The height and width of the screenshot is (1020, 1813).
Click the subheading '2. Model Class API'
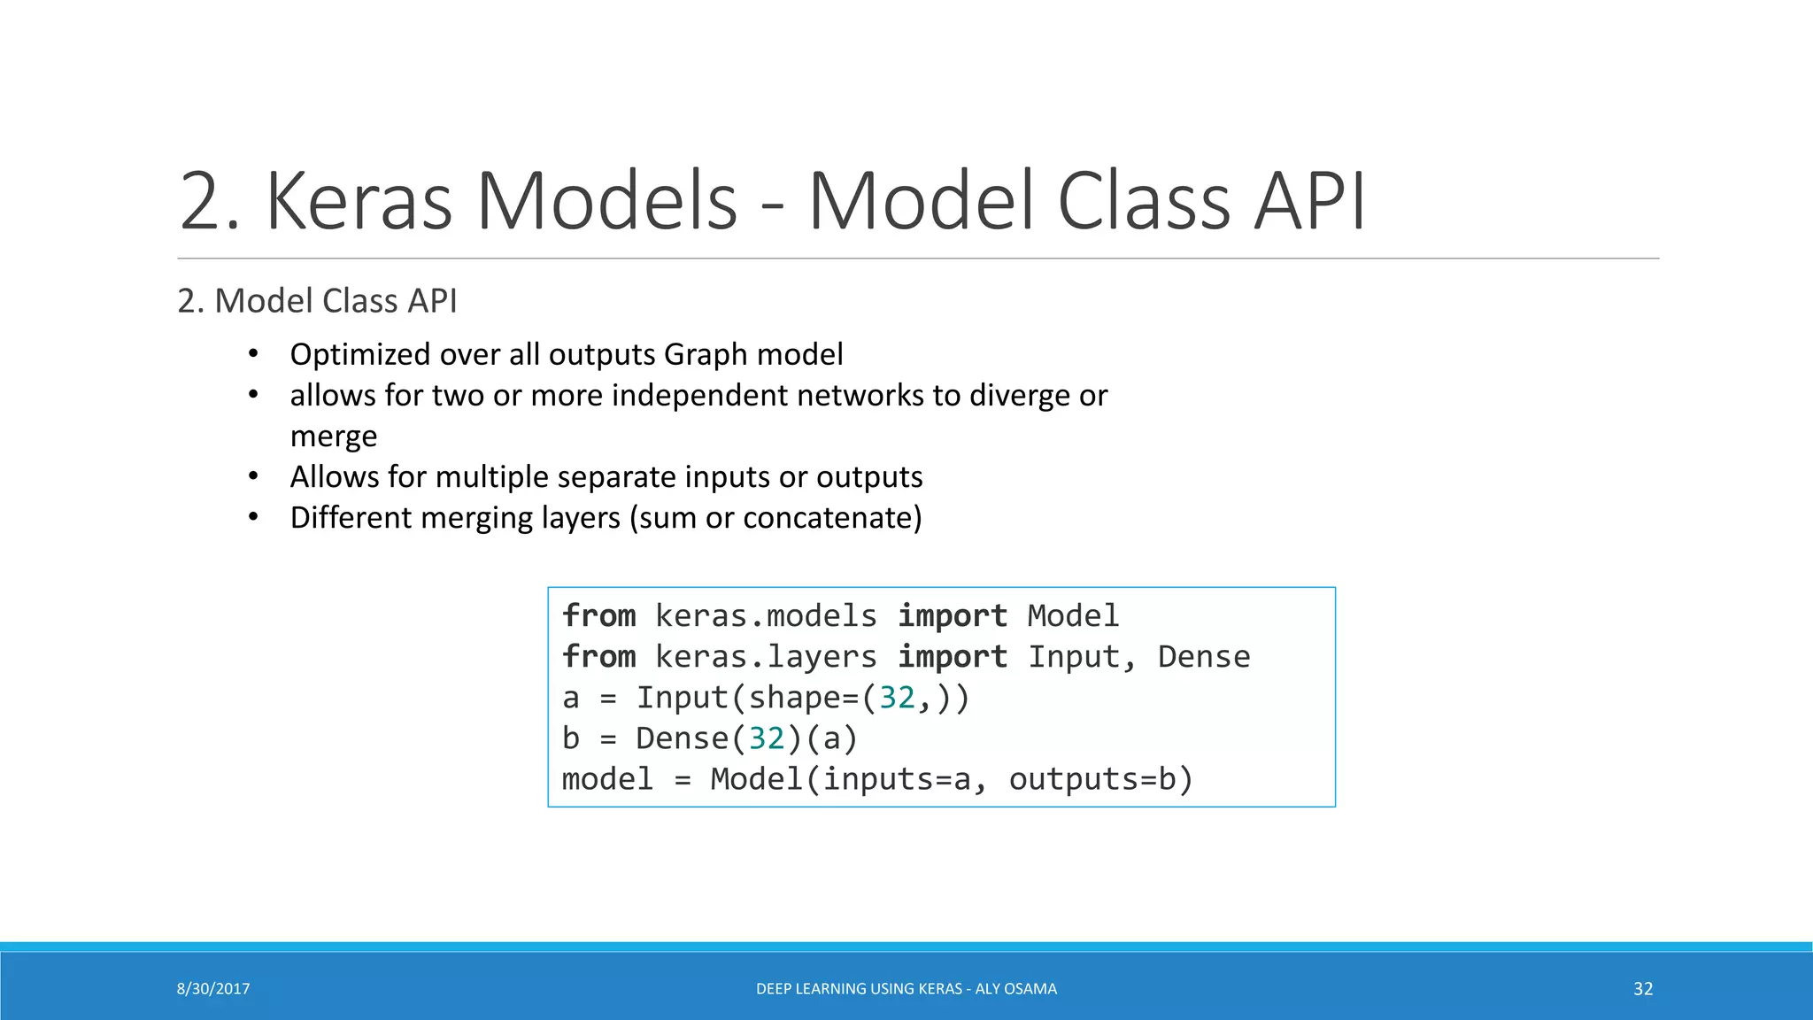point(317,301)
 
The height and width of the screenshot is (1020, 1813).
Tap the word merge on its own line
point(334,437)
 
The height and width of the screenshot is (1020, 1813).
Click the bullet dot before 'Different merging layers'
point(253,517)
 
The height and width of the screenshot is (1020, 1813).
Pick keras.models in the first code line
point(766,615)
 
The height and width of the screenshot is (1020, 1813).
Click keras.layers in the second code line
point(766,656)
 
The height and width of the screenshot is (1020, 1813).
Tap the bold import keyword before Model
point(953,615)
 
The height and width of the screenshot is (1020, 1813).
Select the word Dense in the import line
point(1203,656)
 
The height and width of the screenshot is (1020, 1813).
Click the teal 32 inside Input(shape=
point(897,698)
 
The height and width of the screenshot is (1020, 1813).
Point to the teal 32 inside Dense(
point(767,738)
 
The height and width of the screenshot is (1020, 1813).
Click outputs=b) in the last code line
point(1101,779)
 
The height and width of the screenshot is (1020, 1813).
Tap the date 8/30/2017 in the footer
point(213,989)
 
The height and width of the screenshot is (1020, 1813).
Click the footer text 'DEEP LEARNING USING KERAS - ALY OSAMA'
point(906,989)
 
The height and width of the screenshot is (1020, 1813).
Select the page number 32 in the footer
point(1643,989)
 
